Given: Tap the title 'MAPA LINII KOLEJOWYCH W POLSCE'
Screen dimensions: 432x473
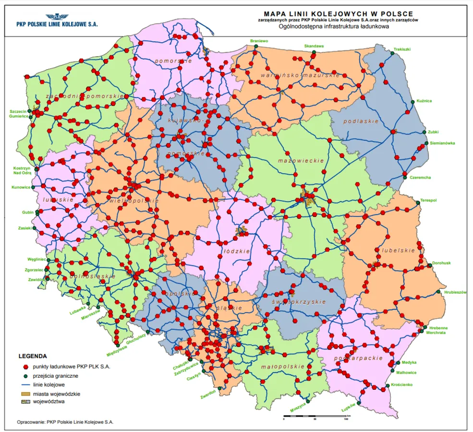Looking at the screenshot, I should pos(338,14).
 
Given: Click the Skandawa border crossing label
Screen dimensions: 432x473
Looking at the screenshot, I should pos(314,46).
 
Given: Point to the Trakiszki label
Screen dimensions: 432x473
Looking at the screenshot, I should pos(402,49).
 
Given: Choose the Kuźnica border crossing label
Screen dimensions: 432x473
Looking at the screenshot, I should pos(424,101).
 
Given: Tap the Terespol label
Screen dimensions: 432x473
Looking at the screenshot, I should pos(428,200).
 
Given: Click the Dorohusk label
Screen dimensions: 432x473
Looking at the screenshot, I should pos(441,263).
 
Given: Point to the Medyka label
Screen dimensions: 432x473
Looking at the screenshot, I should pos(409,362).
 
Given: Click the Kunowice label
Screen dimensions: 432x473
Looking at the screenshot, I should pos(21,187).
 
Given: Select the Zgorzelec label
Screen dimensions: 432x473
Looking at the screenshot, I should pos(35,270).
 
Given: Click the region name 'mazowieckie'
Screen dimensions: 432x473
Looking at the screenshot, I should pos(301,161).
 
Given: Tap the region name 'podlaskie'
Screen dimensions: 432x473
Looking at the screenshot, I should pos(364,121).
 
